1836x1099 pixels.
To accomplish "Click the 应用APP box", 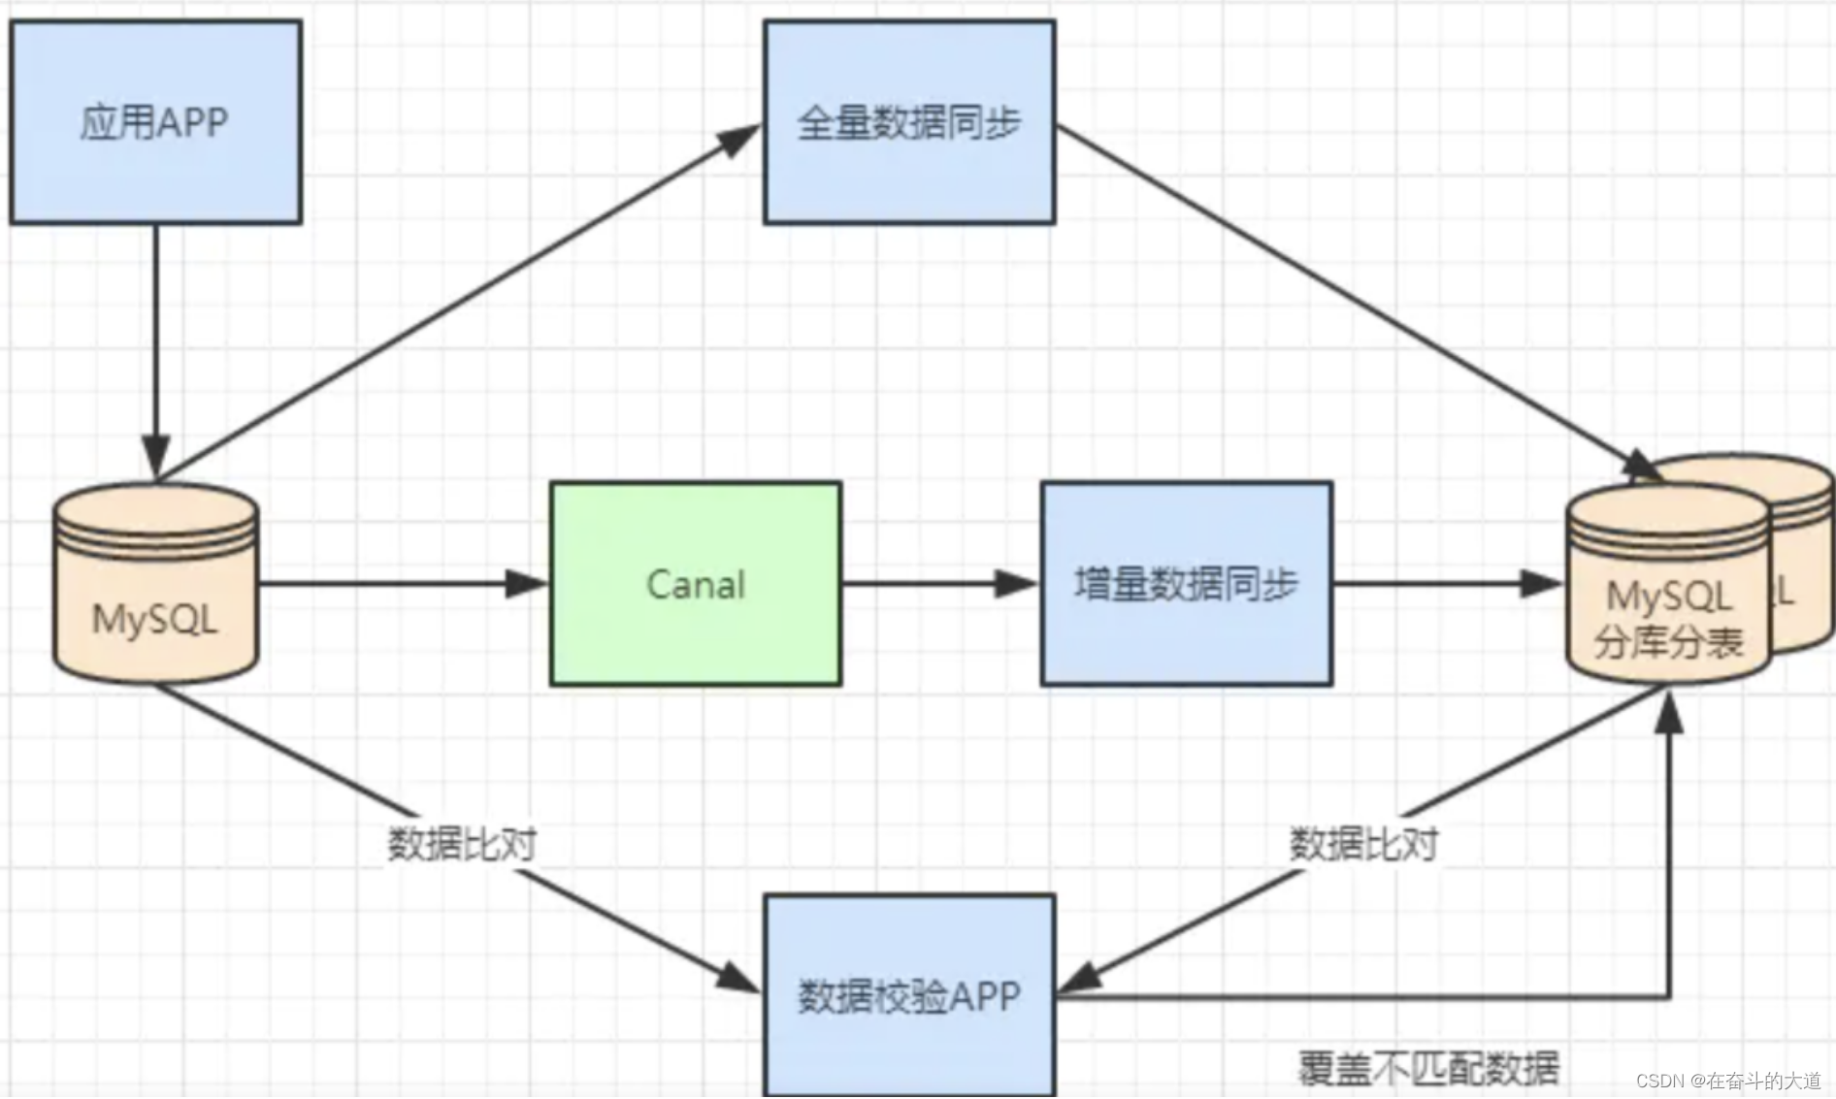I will pyautogui.click(x=155, y=122).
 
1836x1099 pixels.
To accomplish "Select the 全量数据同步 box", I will pyautogui.click(x=908, y=122).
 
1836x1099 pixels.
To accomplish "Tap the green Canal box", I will pyautogui.click(x=695, y=584).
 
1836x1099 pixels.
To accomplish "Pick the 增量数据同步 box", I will pyautogui.click(x=1186, y=584).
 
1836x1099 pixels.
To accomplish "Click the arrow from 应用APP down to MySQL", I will pyautogui.click(x=155, y=349).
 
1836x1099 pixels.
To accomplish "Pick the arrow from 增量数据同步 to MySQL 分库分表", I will pyautogui.click(x=1446, y=584).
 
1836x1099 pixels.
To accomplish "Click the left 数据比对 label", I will pyautogui.click(x=462, y=844).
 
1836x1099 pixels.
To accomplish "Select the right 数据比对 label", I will pyautogui.click(x=1363, y=844).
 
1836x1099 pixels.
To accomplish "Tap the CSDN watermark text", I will pyautogui.click(x=1728, y=1081).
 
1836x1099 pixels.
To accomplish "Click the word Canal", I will pyautogui.click(x=695, y=585).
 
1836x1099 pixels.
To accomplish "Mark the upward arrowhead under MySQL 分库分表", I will pyautogui.click(x=1668, y=713).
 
